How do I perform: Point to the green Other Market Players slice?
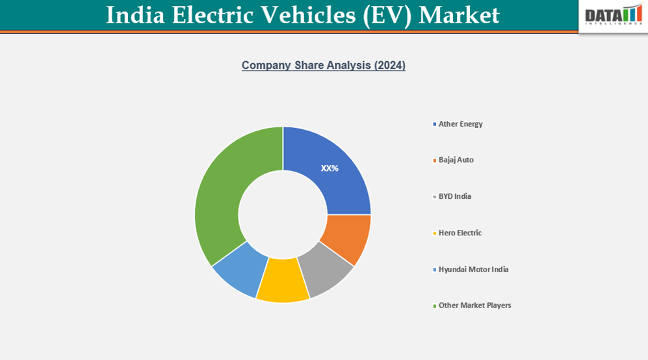click(x=221, y=195)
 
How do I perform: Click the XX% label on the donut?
click(x=330, y=168)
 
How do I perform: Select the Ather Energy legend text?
click(x=460, y=123)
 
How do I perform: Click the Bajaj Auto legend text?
click(x=456, y=160)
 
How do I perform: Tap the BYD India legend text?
click(x=454, y=196)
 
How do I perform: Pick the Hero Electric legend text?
click(x=460, y=233)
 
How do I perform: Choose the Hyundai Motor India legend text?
click(x=473, y=269)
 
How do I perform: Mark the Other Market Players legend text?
click(x=474, y=305)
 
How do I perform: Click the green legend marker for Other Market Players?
click(x=434, y=305)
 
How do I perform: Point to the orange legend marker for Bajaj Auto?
click(x=434, y=160)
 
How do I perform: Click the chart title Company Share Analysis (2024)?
click(x=324, y=66)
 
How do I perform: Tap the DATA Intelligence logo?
click(x=613, y=15)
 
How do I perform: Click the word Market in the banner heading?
click(x=459, y=15)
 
